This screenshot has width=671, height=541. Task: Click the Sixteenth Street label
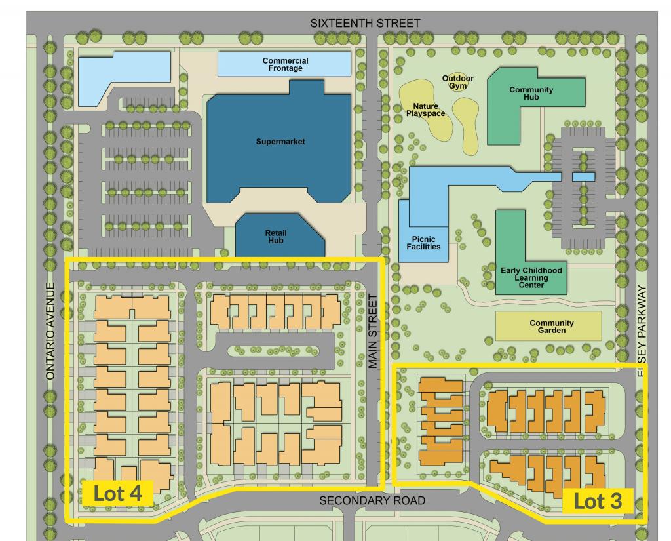pyautogui.click(x=365, y=23)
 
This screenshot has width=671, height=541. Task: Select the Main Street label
pyautogui.click(x=373, y=331)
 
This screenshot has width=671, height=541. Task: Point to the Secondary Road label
pyautogui.click(x=372, y=501)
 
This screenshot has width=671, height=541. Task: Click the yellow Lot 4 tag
pyautogui.click(x=118, y=493)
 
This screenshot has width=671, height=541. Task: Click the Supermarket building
pyautogui.click(x=280, y=141)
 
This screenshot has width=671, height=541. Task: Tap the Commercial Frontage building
pyautogui.click(x=285, y=64)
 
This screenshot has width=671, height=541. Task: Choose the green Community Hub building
pyautogui.click(x=531, y=94)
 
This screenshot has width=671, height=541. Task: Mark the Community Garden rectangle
pyautogui.click(x=548, y=327)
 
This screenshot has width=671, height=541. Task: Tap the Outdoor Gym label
pyautogui.click(x=457, y=83)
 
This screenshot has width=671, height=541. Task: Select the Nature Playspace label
pyautogui.click(x=425, y=110)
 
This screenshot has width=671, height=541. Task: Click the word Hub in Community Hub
pyautogui.click(x=531, y=98)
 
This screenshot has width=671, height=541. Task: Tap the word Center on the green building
pyautogui.click(x=531, y=285)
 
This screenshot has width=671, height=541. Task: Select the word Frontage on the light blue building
pyautogui.click(x=285, y=68)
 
